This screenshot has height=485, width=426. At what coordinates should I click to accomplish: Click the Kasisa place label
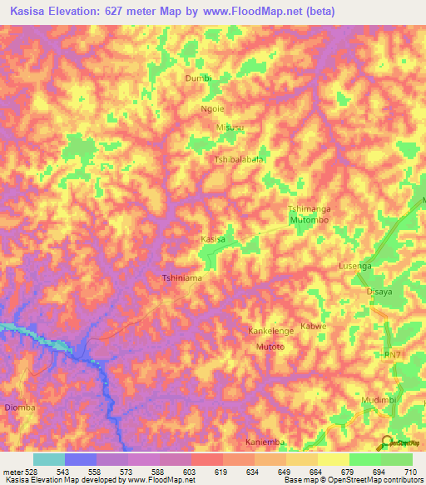(x=213, y=239)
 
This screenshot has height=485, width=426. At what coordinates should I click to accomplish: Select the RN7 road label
(x=392, y=356)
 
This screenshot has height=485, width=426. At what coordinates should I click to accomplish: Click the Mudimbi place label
(x=377, y=401)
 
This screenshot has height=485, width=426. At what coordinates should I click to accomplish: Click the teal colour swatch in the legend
(x=49, y=459)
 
